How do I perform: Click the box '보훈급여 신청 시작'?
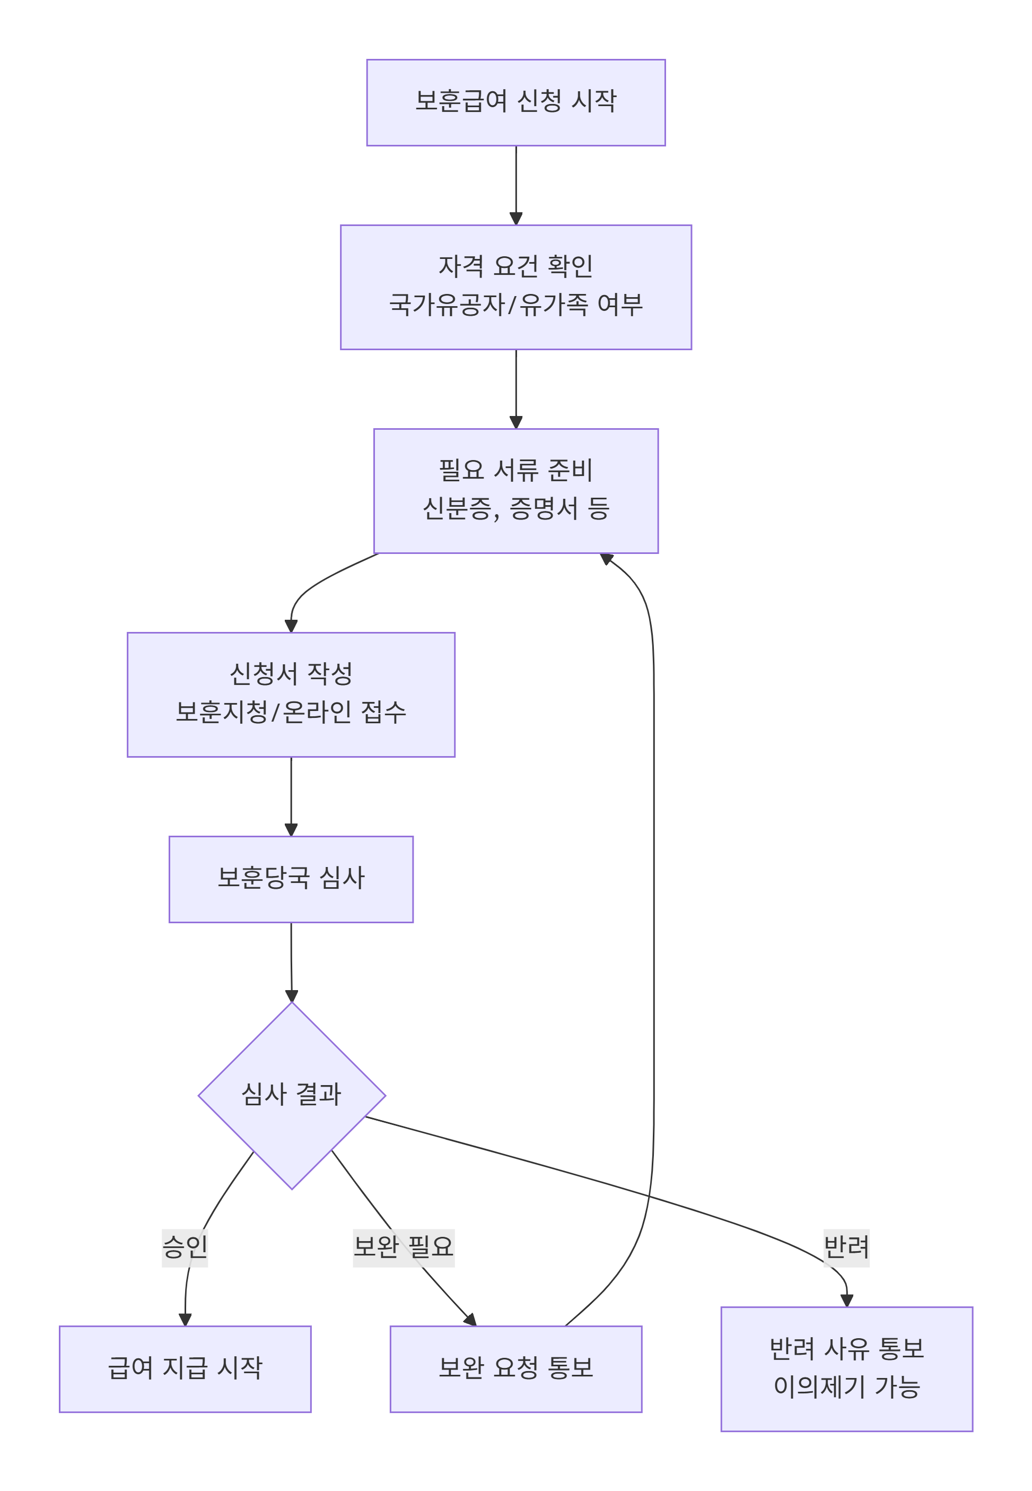[x=515, y=102]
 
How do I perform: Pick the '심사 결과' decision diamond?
[x=292, y=1095]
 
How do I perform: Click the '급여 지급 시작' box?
[x=185, y=1368]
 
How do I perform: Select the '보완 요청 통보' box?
[x=515, y=1368]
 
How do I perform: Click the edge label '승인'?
[x=185, y=1246]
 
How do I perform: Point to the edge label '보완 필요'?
[x=404, y=1246]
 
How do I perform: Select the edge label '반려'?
[x=846, y=1246]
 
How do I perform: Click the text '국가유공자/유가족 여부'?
[x=515, y=305]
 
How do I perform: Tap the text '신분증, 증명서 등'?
[x=515, y=508]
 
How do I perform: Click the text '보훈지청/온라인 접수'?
[x=291, y=712]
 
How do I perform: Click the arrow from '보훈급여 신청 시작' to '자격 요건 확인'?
[x=515, y=184]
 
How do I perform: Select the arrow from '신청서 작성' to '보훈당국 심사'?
[x=291, y=795]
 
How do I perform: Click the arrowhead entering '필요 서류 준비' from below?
[x=607, y=558]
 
